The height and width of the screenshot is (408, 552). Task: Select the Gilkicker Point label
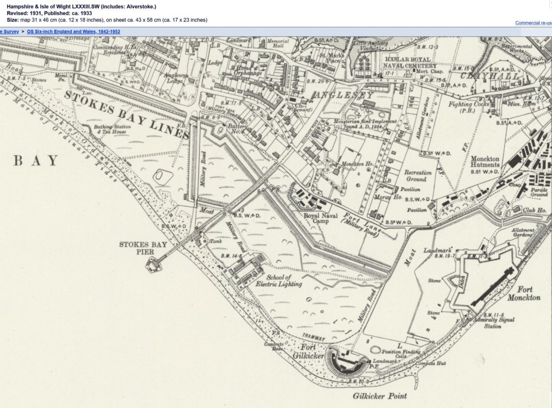coord(380,396)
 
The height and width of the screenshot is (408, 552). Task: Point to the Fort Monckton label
coord(523,293)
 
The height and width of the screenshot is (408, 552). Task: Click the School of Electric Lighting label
coord(278,281)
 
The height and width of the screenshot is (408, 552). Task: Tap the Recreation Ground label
coord(419,176)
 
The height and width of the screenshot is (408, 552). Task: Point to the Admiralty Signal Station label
coord(499,323)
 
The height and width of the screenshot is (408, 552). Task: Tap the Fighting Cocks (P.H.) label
coord(469,107)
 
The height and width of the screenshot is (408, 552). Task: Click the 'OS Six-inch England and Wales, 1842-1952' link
coord(73,31)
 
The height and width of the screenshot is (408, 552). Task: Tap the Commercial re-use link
coord(533,23)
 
